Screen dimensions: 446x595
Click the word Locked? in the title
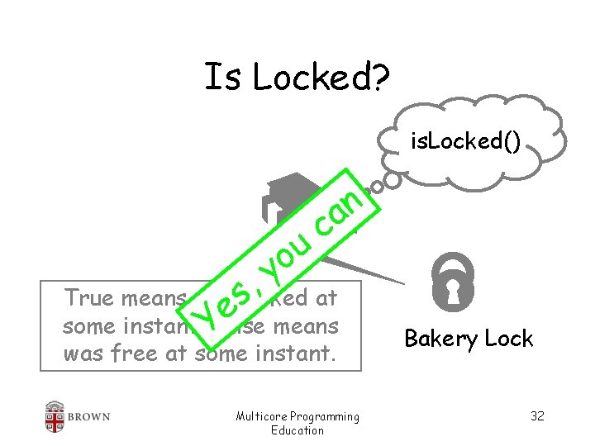326,78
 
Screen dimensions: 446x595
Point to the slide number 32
537,415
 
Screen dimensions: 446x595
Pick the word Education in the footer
297,429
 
